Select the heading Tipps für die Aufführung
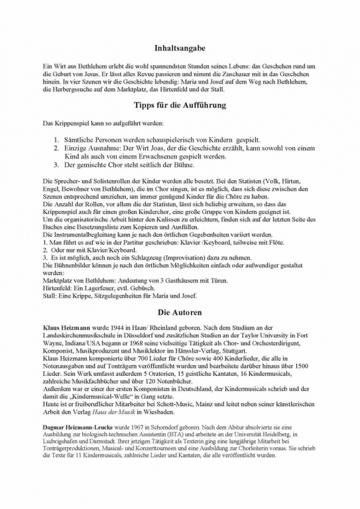(180, 105)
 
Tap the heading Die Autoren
(180, 311)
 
